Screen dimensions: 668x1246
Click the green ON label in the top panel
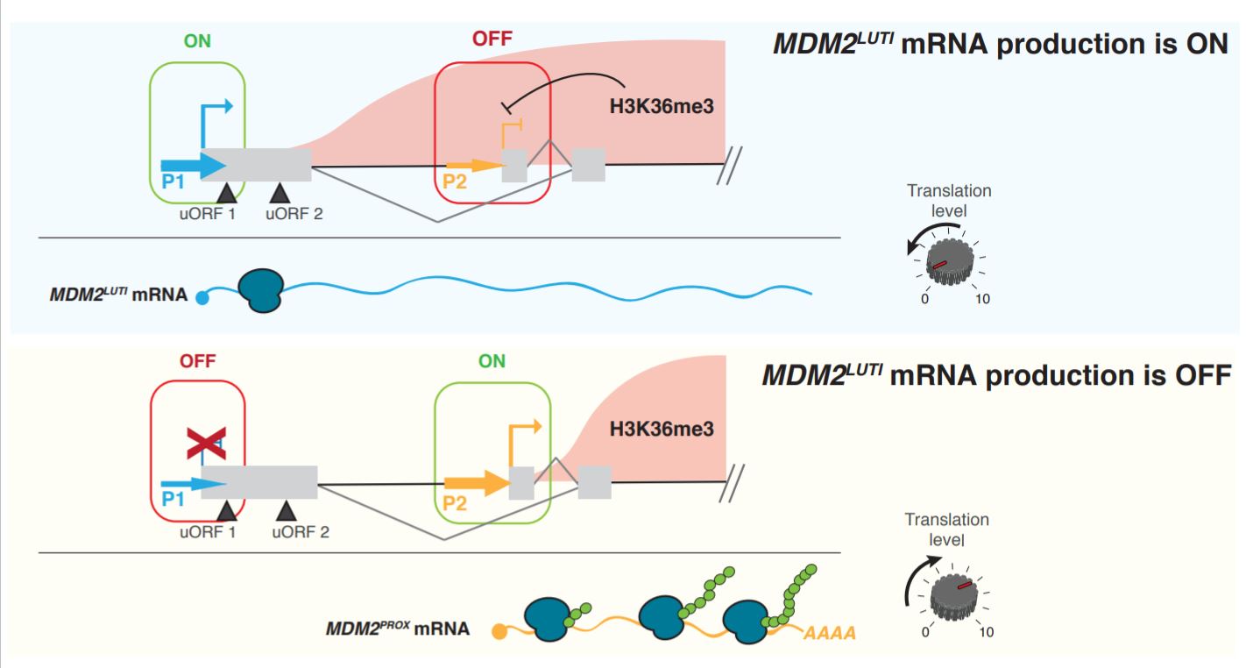197,41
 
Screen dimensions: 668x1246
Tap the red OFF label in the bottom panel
197,360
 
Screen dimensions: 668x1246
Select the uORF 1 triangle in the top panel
226,191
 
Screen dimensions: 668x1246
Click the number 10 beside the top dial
982,299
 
